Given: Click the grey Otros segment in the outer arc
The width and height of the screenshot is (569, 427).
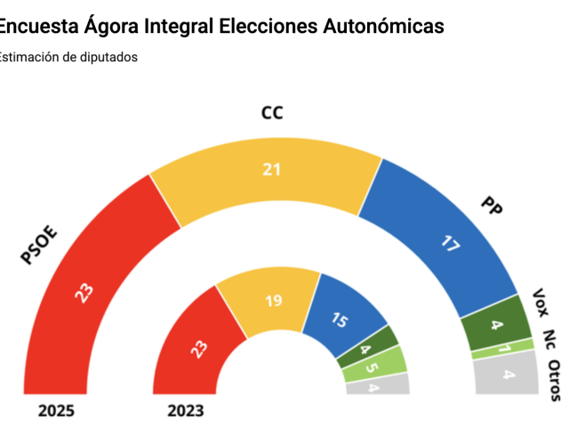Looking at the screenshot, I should pyautogui.click(x=507, y=375).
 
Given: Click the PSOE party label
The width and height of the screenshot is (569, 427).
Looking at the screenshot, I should pyautogui.click(x=39, y=246).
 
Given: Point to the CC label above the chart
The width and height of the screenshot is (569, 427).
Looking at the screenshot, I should pyautogui.click(x=272, y=113).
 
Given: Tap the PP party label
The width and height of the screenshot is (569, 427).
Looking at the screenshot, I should pyautogui.click(x=492, y=206).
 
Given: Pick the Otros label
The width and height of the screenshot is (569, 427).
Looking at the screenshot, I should pyautogui.click(x=555, y=381).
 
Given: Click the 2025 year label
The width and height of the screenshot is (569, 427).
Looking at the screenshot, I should pyautogui.click(x=57, y=411).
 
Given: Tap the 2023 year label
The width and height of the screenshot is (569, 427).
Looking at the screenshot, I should pyautogui.click(x=185, y=411).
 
